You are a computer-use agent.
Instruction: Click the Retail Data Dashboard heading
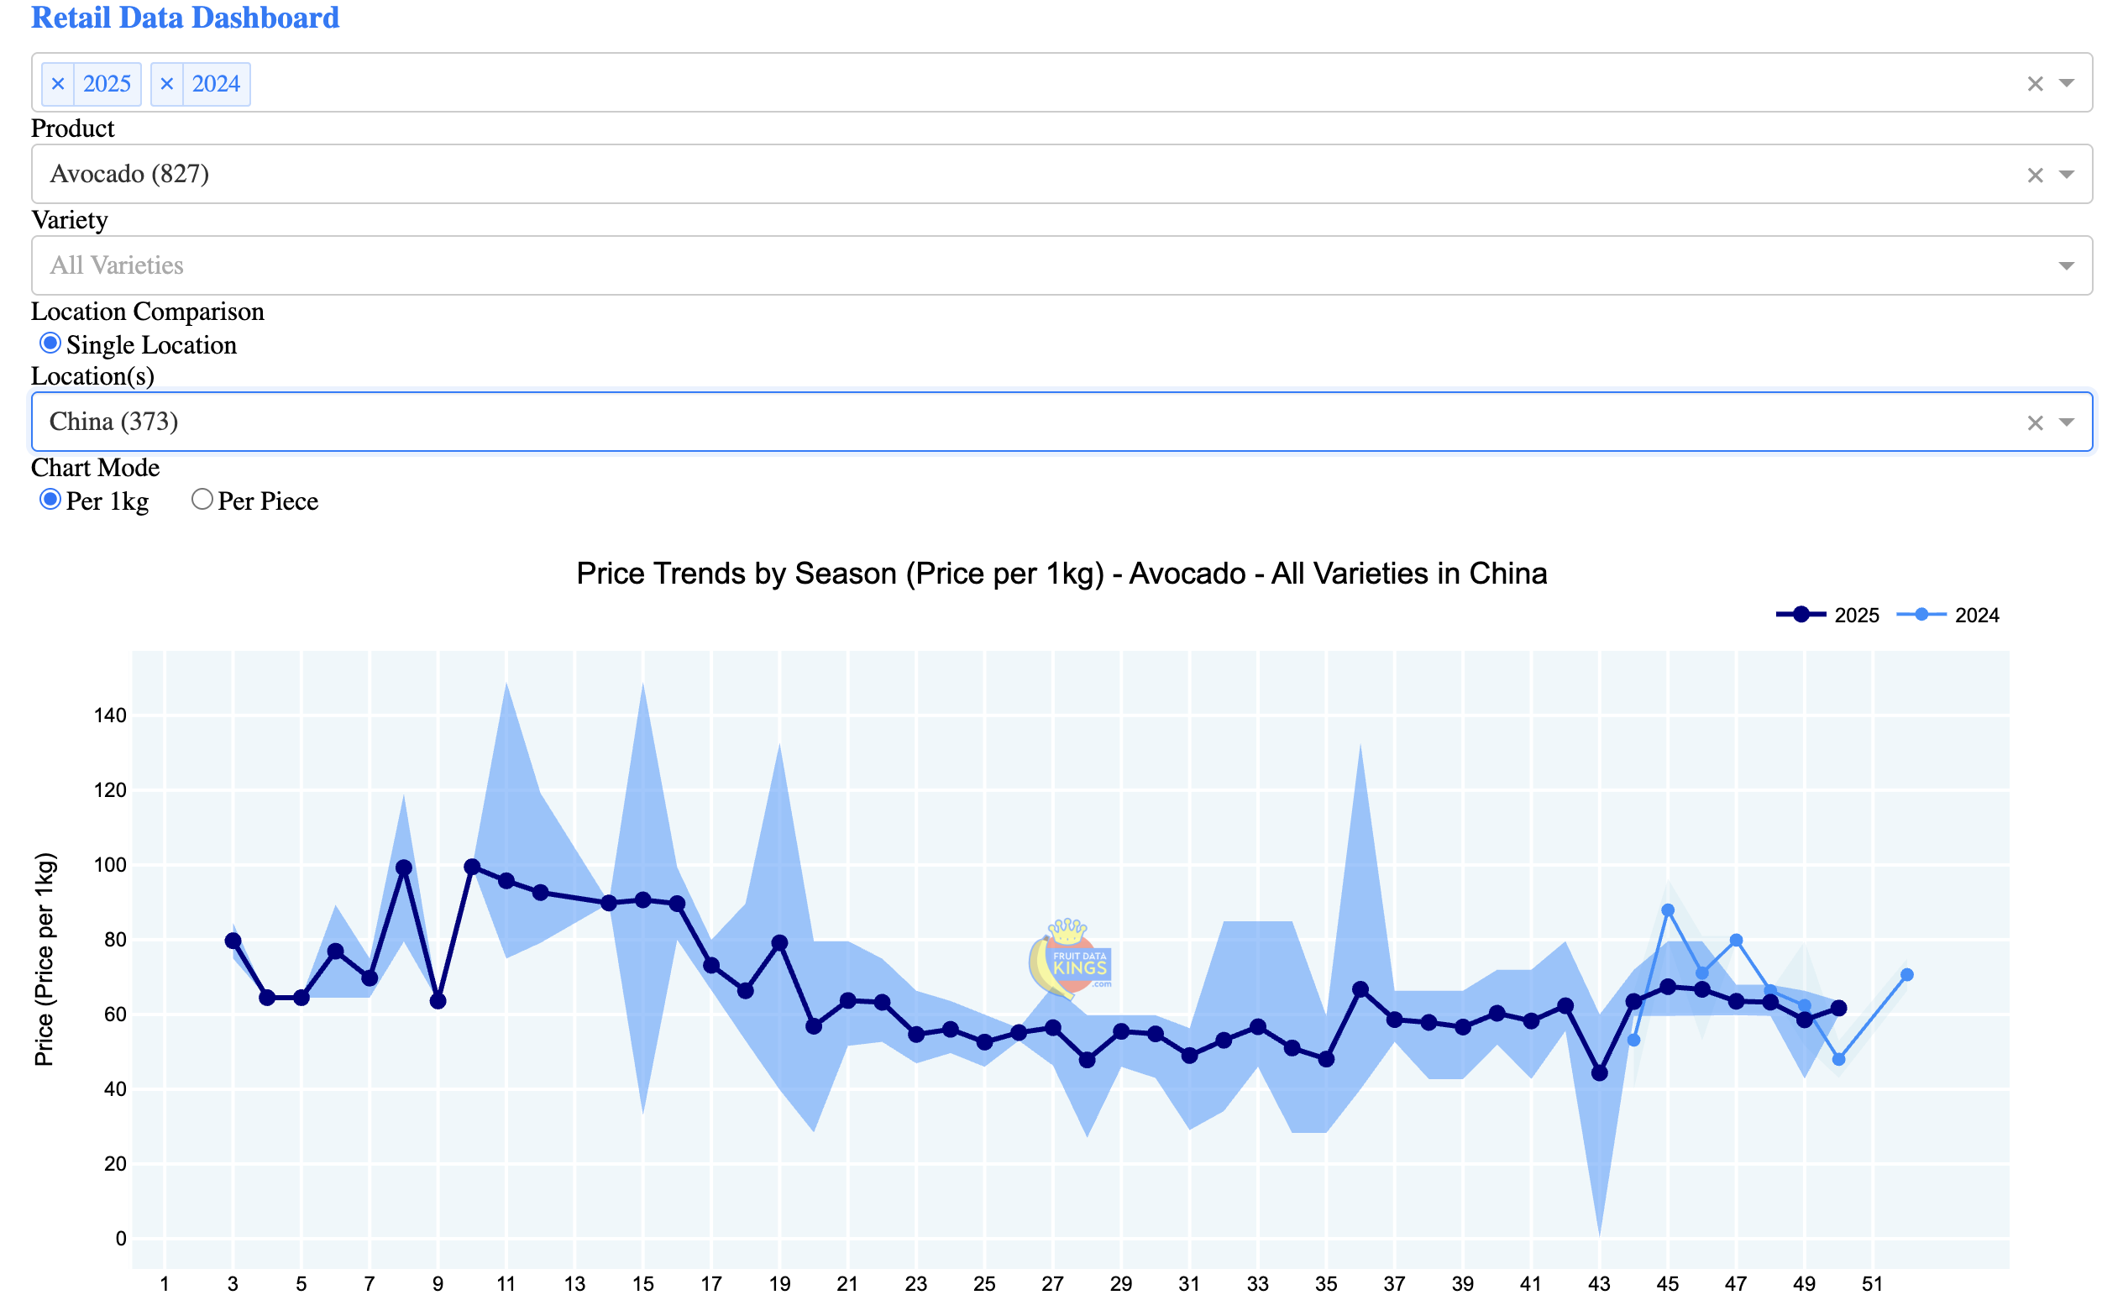185,18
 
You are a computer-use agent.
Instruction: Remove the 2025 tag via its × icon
58,84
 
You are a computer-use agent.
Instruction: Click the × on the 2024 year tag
167,84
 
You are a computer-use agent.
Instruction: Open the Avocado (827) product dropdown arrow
2066,174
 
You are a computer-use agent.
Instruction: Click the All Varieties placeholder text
117,265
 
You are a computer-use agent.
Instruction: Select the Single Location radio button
50,343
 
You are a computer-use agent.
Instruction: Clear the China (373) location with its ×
2034,422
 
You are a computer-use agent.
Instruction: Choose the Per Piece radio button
202,500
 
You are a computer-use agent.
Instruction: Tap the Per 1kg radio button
50,500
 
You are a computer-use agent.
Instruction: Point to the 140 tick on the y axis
109,716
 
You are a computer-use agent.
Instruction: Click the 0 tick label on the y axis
121,1239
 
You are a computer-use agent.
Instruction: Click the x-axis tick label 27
1052,1284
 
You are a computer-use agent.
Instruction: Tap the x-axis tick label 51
1872,1284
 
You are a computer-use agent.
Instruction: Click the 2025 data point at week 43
1599,1072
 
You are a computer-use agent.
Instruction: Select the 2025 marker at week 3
233,941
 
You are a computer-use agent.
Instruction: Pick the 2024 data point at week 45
1667,910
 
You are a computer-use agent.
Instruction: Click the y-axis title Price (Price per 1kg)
45,959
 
